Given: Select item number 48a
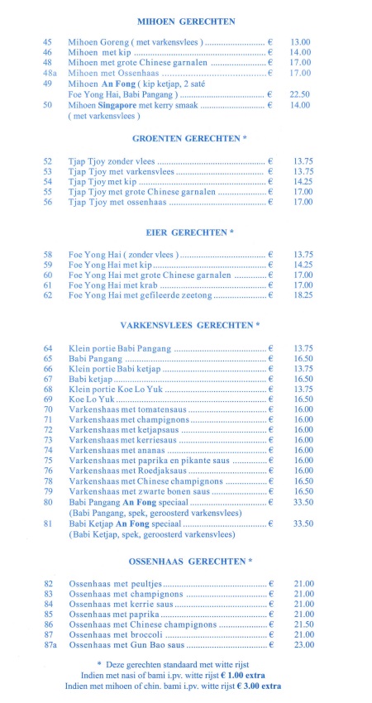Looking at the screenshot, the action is click(50, 73).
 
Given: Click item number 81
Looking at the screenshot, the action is click(48, 524).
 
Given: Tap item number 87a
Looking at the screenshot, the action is click(50, 644).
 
